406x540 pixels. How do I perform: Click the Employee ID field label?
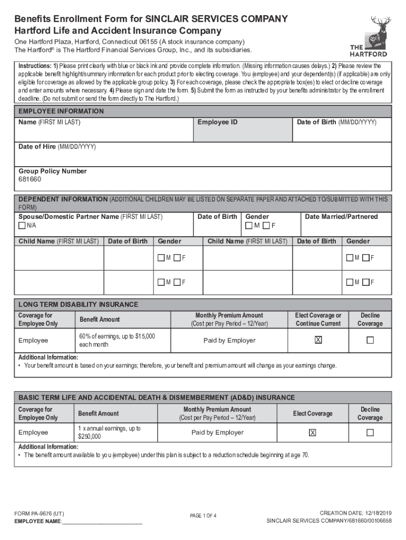point(217,122)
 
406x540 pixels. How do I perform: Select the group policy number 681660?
point(30,180)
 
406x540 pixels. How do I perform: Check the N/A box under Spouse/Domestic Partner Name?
point(22,226)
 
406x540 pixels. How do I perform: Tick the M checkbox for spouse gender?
point(249,226)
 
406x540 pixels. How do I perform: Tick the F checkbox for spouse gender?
point(266,226)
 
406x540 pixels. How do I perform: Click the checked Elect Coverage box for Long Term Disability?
point(318,341)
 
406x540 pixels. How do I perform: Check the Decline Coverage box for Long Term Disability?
point(370,341)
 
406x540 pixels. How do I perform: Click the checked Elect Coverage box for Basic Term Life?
point(313,433)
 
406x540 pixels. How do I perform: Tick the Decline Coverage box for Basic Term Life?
point(370,433)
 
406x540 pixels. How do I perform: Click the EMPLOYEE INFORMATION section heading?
point(61,111)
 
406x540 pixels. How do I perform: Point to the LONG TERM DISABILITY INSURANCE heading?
point(79,305)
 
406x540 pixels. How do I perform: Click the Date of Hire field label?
point(57,147)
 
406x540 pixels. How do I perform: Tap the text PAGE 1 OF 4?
point(203,516)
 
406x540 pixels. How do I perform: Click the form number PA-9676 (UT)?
point(40,513)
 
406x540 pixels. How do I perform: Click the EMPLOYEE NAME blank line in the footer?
point(102,522)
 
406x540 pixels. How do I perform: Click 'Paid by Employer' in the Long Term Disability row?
point(229,341)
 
